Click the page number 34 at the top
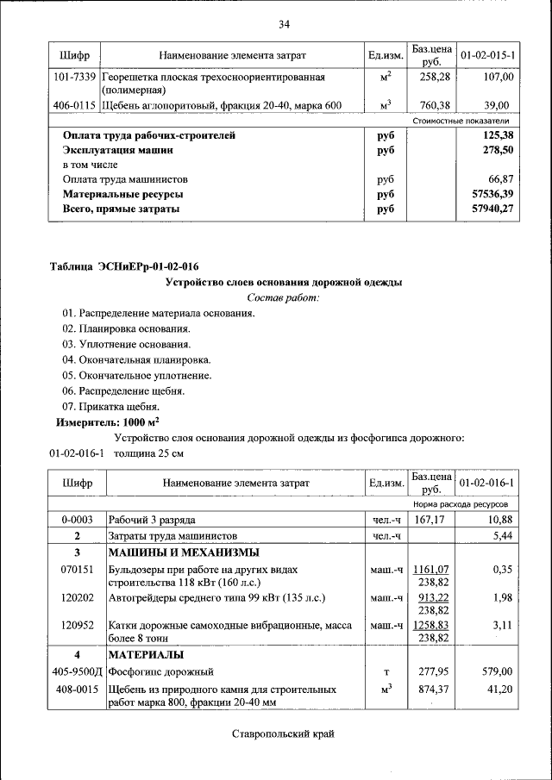pyautogui.click(x=284, y=23)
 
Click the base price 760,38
pyautogui.click(x=431, y=105)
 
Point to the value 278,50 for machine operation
pyautogui.click(x=495, y=150)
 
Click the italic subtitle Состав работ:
pyautogui.click(x=283, y=297)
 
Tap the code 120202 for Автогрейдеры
pyautogui.click(x=76, y=597)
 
